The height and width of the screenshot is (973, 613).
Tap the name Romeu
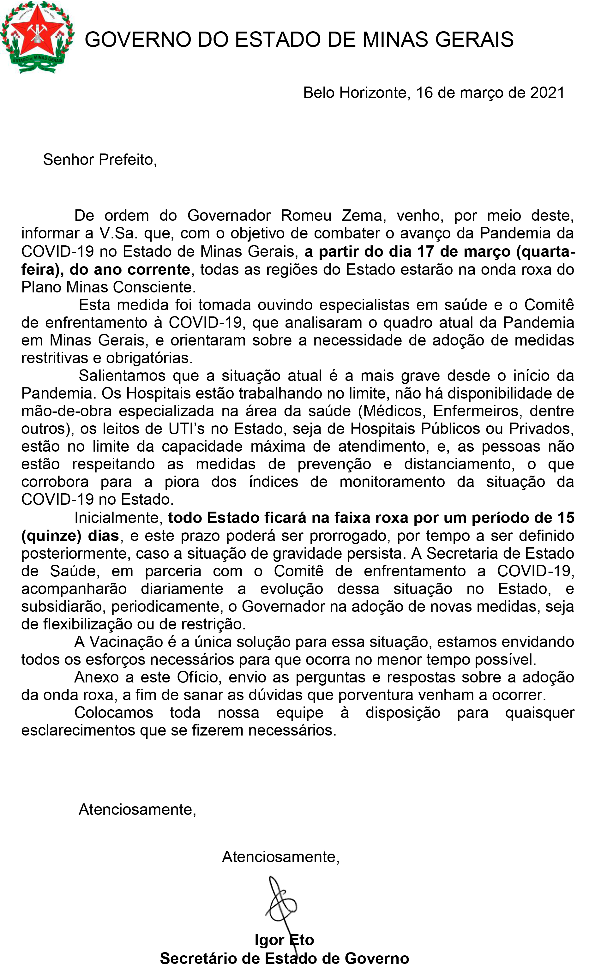pyautogui.click(x=306, y=216)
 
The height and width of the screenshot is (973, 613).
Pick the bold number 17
pyautogui.click(x=425, y=251)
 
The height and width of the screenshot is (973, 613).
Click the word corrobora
pyautogui.click(x=55, y=482)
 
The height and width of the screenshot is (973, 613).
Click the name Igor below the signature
pyautogui.click(x=269, y=940)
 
